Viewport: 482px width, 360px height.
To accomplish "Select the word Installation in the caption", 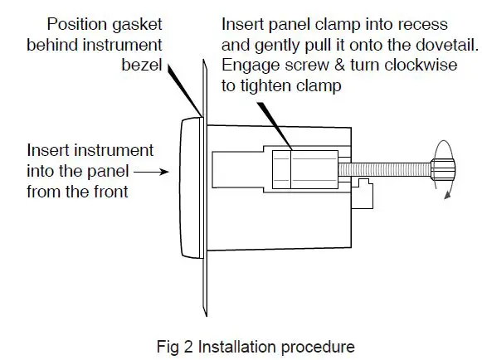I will coord(235,343).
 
